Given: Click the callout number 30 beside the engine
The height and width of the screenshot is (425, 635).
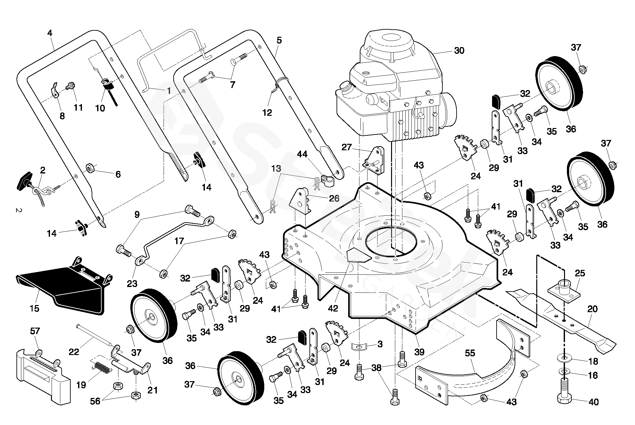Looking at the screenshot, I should [x=459, y=51].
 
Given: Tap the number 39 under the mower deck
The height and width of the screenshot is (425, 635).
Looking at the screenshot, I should [x=419, y=351].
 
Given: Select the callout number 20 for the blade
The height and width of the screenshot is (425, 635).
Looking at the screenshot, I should [x=592, y=309].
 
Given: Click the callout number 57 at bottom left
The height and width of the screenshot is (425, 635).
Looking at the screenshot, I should [x=35, y=331].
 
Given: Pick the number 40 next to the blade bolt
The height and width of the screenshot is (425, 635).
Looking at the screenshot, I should [x=593, y=402].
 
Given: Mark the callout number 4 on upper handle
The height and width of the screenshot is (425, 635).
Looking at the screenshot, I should [x=49, y=33].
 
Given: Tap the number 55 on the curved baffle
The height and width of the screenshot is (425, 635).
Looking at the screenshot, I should [x=470, y=353].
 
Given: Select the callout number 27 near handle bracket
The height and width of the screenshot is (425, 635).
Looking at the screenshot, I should [x=347, y=147].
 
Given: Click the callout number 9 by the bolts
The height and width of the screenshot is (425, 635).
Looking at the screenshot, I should [x=137, y=214].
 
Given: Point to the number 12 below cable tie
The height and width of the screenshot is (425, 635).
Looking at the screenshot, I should [x=267, y=113].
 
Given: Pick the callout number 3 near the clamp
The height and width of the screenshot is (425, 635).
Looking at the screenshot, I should [x=380, y=344].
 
